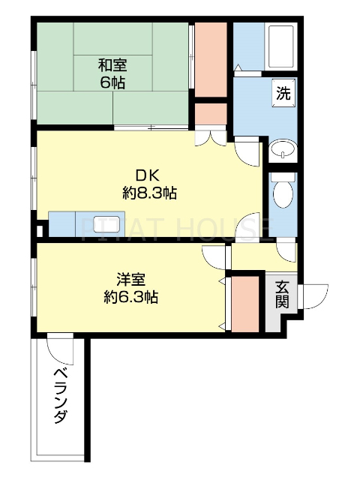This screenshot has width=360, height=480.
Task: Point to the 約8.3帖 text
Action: click(x=149, y=193)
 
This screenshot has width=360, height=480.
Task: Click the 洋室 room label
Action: click(x=130, y=279)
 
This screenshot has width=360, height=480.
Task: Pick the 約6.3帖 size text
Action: click(x=130, y=296)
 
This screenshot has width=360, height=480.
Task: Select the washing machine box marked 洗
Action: click(x=283, y=94)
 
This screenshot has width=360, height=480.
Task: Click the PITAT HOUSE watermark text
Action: click(x=180, y=226)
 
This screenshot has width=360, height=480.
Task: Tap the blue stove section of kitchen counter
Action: click(x=61, y=225)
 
